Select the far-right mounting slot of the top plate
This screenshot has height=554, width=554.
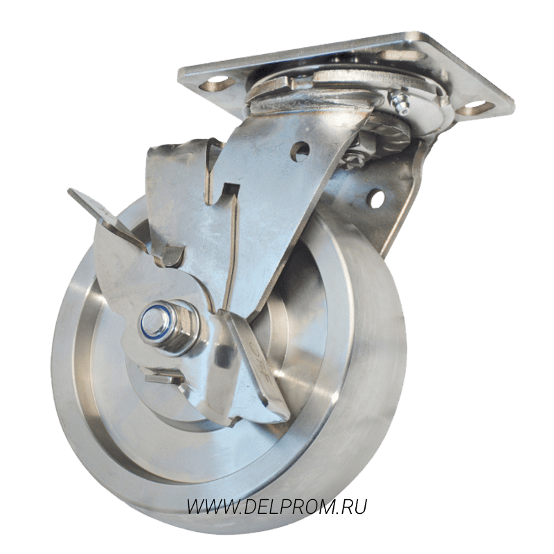click(474, 108)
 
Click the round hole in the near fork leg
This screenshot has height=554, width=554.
click(300, 151)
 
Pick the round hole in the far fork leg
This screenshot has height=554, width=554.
click(377, 198)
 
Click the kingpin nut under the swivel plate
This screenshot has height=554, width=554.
click(355, 155)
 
